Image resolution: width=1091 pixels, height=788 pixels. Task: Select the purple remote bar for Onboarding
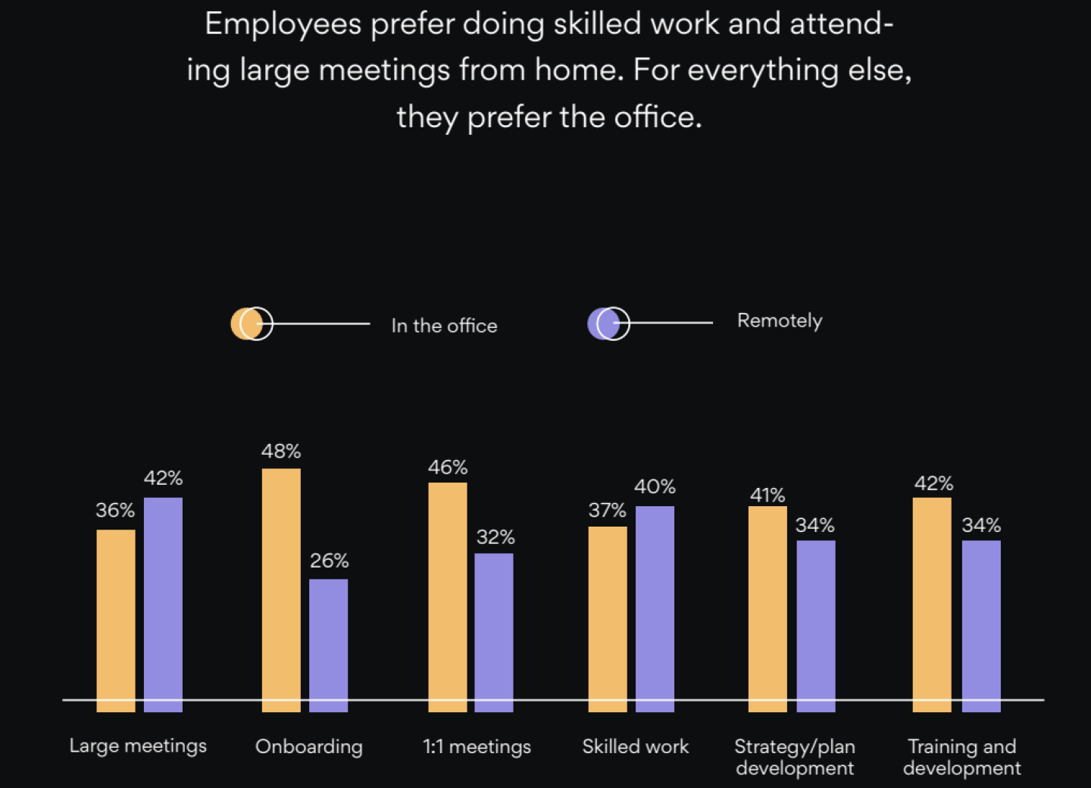(x=329, y=645)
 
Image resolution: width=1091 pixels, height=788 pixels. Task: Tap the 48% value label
(x=281, y=452)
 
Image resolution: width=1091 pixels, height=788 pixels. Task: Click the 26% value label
(x=330, y=561)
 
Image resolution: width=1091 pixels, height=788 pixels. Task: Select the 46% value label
(x=448, y=467)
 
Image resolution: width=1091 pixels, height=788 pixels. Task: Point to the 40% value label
(x=655, y=486)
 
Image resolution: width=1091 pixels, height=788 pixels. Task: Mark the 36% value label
(x=115, y=511)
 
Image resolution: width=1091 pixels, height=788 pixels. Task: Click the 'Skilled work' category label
(x=636, y=746)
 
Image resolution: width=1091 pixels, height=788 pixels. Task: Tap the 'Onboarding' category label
(x=309, y=746)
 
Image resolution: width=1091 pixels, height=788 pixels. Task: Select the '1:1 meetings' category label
(x=477, y=746)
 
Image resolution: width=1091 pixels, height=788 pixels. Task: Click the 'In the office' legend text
(x=444, y=326)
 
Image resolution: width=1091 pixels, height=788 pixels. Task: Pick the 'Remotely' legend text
(x=780, y=321)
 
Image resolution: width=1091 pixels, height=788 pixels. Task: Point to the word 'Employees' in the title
(x=283, y=24)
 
